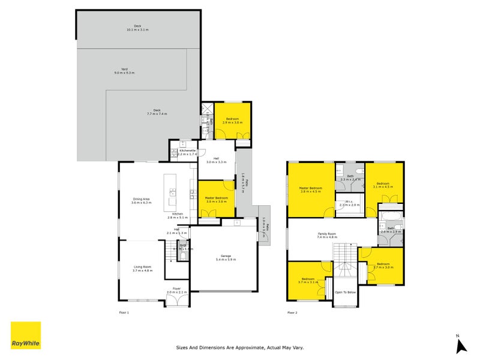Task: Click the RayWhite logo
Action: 26,335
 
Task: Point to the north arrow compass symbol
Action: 460,344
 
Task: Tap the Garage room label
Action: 226,258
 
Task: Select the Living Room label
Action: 142,269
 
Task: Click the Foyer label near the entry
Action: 176,290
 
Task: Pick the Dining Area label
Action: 142,201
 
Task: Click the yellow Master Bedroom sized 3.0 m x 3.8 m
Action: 215,200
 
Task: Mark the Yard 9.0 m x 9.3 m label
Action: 125,71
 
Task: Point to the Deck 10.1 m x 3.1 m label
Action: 137,28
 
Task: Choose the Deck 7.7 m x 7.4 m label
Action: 157,112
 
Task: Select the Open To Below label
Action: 345,293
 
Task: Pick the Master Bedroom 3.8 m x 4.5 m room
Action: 310,190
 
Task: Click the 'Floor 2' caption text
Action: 292,313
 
